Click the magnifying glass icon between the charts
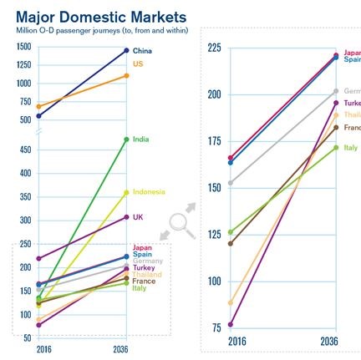click(182, 223)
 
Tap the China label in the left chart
click(141, 51)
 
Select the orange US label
click(138, 63)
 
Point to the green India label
click(140, 139)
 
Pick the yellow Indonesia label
click(148, 191)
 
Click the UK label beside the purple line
click(138, 216)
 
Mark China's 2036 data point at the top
click(126, 50)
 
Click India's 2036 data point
click(126, 139)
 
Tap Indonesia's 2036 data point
click(126, 192)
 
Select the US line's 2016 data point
click(39, 106)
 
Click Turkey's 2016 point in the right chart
click(231, 324)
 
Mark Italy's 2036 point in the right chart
click(336, 148)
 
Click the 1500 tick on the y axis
click(23, 47)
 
